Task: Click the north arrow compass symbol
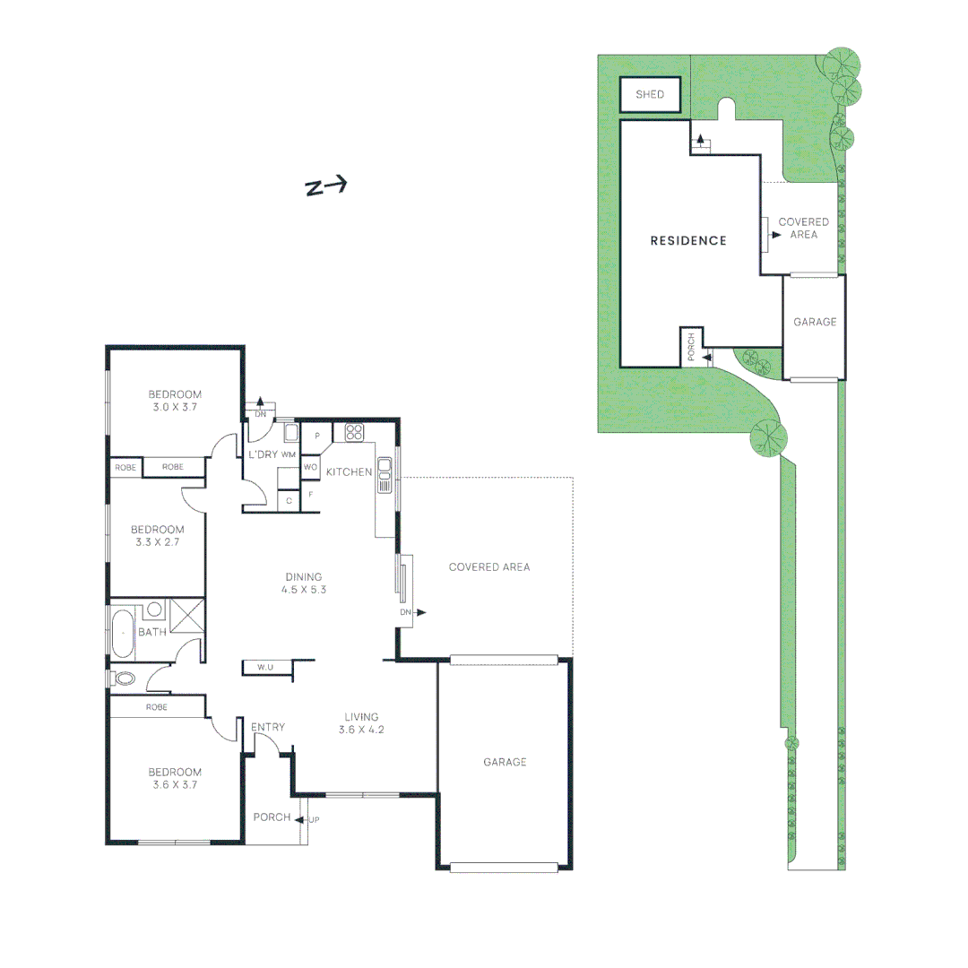326,186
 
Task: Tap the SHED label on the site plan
649,95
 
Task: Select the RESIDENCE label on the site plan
687,240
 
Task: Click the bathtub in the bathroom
122,632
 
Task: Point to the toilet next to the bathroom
123,678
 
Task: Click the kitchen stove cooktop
353,432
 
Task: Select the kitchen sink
385,474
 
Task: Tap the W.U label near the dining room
265,668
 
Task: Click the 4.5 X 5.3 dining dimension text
303,591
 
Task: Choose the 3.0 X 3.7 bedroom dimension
175,407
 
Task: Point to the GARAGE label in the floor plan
505,762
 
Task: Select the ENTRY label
268,727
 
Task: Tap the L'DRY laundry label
264,455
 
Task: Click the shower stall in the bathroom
187,618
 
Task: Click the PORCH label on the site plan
691,347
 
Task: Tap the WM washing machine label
288,455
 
